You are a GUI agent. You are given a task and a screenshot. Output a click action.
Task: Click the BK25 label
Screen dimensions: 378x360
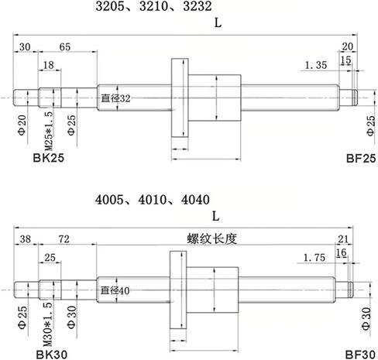49,158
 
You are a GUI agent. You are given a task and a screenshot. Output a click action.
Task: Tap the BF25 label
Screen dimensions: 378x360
361,158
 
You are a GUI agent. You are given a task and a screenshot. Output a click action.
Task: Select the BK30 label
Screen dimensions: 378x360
52,355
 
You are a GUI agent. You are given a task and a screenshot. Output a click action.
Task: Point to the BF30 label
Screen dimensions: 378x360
360,355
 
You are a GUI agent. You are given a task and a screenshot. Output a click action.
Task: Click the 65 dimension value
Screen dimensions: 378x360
65,47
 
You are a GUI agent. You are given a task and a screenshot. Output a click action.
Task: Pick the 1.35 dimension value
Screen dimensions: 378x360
316,65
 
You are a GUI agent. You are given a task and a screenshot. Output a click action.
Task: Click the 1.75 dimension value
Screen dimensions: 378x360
314,258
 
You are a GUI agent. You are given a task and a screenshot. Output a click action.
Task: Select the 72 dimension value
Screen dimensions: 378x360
64,239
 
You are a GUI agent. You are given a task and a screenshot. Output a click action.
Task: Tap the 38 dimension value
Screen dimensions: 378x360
26,239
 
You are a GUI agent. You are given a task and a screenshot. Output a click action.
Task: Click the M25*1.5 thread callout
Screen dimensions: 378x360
49,131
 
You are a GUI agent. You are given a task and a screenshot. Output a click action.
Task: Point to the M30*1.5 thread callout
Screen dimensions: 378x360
47,324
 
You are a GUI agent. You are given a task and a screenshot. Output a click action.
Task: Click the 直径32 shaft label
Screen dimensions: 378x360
115,98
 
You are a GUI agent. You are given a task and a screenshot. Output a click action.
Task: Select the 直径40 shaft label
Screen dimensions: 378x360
115,290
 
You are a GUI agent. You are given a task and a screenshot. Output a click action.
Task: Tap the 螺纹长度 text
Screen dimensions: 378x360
212,239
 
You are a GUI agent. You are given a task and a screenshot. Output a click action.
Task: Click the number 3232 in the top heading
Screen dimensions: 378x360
198,6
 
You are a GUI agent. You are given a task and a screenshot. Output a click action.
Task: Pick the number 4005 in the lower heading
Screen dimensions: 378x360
110,200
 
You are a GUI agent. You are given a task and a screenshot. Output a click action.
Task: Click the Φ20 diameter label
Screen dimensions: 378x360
22,125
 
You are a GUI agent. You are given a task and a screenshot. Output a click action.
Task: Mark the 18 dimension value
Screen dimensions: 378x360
48,65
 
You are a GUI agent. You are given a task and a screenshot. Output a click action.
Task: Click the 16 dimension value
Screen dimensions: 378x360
341,252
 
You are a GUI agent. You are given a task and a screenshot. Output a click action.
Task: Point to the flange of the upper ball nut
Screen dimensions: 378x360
180,98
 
